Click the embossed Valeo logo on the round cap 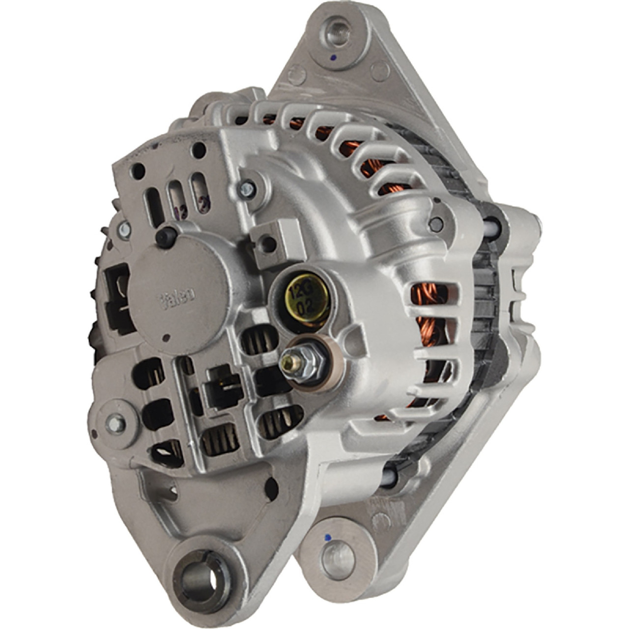tap(177, 296)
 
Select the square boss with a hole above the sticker tap(267, 242)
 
